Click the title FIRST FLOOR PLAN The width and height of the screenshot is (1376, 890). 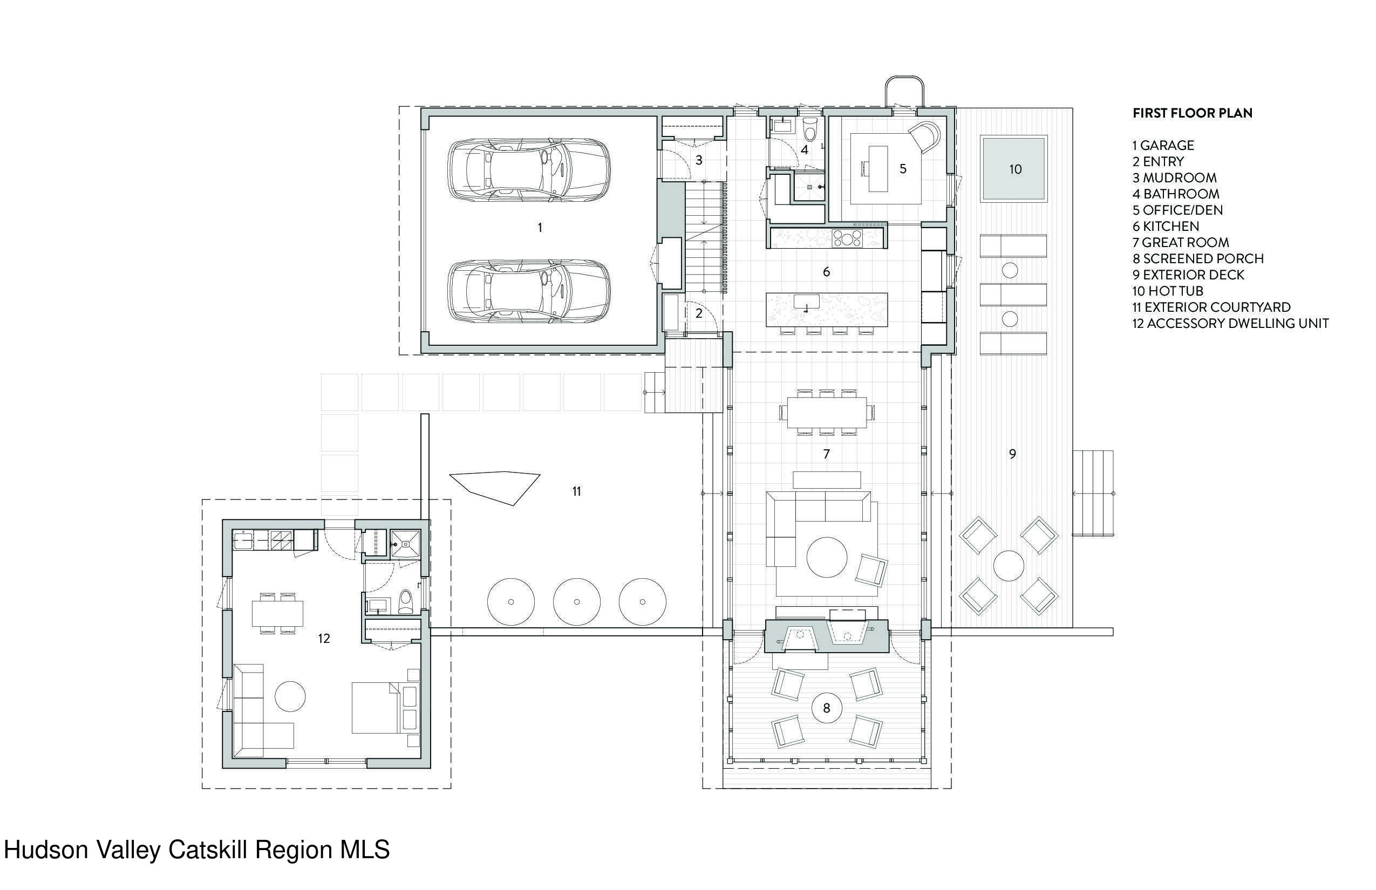click(x=1192, y=113)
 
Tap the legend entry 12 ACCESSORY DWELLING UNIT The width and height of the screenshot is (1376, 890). click(x=1230, y=324)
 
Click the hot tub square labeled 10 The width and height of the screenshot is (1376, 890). click(x=1013, y=169)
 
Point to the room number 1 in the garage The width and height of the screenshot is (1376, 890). click(x=540, y=228)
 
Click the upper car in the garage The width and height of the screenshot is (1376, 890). click(x=529, y=170)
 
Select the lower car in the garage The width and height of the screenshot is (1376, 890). click(x=529, y=291)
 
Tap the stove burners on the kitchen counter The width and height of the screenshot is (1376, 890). click(x=848, y=238)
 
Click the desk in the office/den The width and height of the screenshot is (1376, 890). click(x=877, y=168)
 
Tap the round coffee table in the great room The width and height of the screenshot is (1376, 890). click(x=827, y=557)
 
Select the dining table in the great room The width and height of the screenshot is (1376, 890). click(x=827, y=413)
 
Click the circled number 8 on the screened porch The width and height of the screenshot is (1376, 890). click(x=827, y=708)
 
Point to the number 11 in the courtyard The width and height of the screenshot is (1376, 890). click(x=576, y=491)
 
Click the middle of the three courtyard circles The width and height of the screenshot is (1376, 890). click(x=576, y=601)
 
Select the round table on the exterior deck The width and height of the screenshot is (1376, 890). click(x=1009, y=565)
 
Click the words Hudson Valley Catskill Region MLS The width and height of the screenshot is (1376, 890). click(x=196, y=850)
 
